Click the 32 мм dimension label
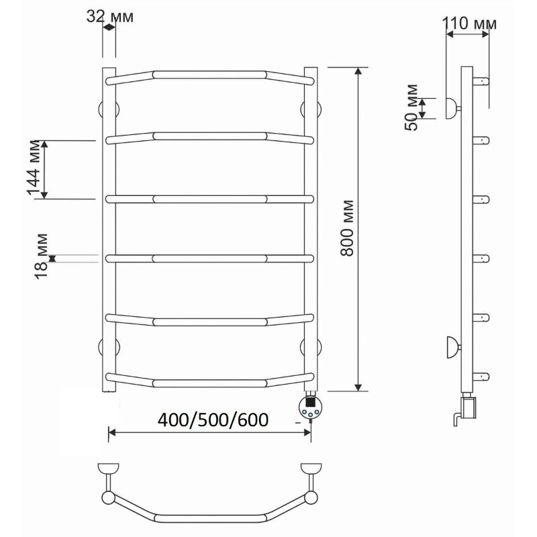tap(109, 16)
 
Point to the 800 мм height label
tap(346, 228)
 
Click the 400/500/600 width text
tap(213, 420)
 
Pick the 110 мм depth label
tap(469, 23)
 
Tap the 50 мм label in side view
tap(411, 107)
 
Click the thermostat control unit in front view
tap(310, 407)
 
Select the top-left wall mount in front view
tap(109, 109)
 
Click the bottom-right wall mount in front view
tap(311, 347)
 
